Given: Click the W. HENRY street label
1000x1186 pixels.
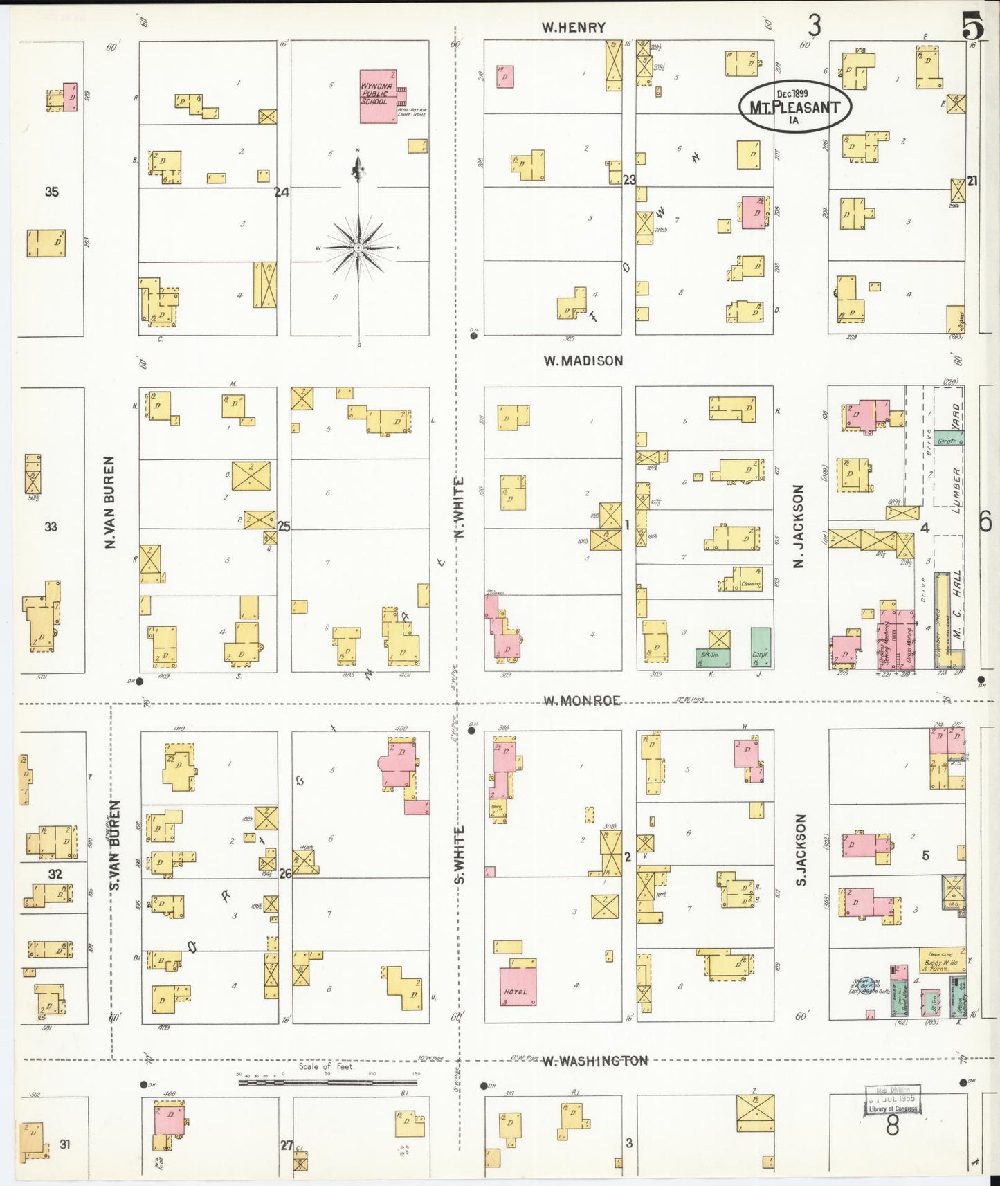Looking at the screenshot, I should pos(573,28).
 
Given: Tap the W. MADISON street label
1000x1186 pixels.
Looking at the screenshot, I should pos(583,361).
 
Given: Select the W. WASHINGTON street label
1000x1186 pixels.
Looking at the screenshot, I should pos(594,1061).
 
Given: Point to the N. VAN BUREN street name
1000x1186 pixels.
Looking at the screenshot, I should pos(109,502).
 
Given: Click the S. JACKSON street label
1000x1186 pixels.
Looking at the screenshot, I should pos(801,850).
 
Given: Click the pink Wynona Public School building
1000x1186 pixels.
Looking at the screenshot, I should pos(378,96).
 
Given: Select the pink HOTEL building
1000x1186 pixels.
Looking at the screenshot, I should pos(518,982).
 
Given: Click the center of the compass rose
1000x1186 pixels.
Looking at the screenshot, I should pos(358,247).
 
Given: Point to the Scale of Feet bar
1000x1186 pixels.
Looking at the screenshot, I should pos(329,1082).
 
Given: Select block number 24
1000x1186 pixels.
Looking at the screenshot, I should pos(282,192).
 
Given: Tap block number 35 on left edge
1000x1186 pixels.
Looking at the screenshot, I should pos(52,192).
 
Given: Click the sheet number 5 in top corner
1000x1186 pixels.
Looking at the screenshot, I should pos(972,28).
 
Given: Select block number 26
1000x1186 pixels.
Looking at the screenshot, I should pos(285,874).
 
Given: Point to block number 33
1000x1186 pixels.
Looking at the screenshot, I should pos(51,527).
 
